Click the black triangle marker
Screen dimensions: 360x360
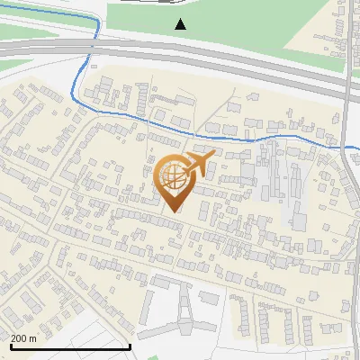click(x=181, y=24)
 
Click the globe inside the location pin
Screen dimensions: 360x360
click(x=173, y=178)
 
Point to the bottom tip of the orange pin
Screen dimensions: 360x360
click(x=175, y=211)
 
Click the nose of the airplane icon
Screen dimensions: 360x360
click(x=211, y=156)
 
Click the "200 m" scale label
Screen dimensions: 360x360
click(x=23, y=338)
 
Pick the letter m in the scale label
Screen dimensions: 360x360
click(x=32, y=338)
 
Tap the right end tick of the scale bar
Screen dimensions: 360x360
click(x=130, y=345)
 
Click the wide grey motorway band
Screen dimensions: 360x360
click(x=225, y=61)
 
